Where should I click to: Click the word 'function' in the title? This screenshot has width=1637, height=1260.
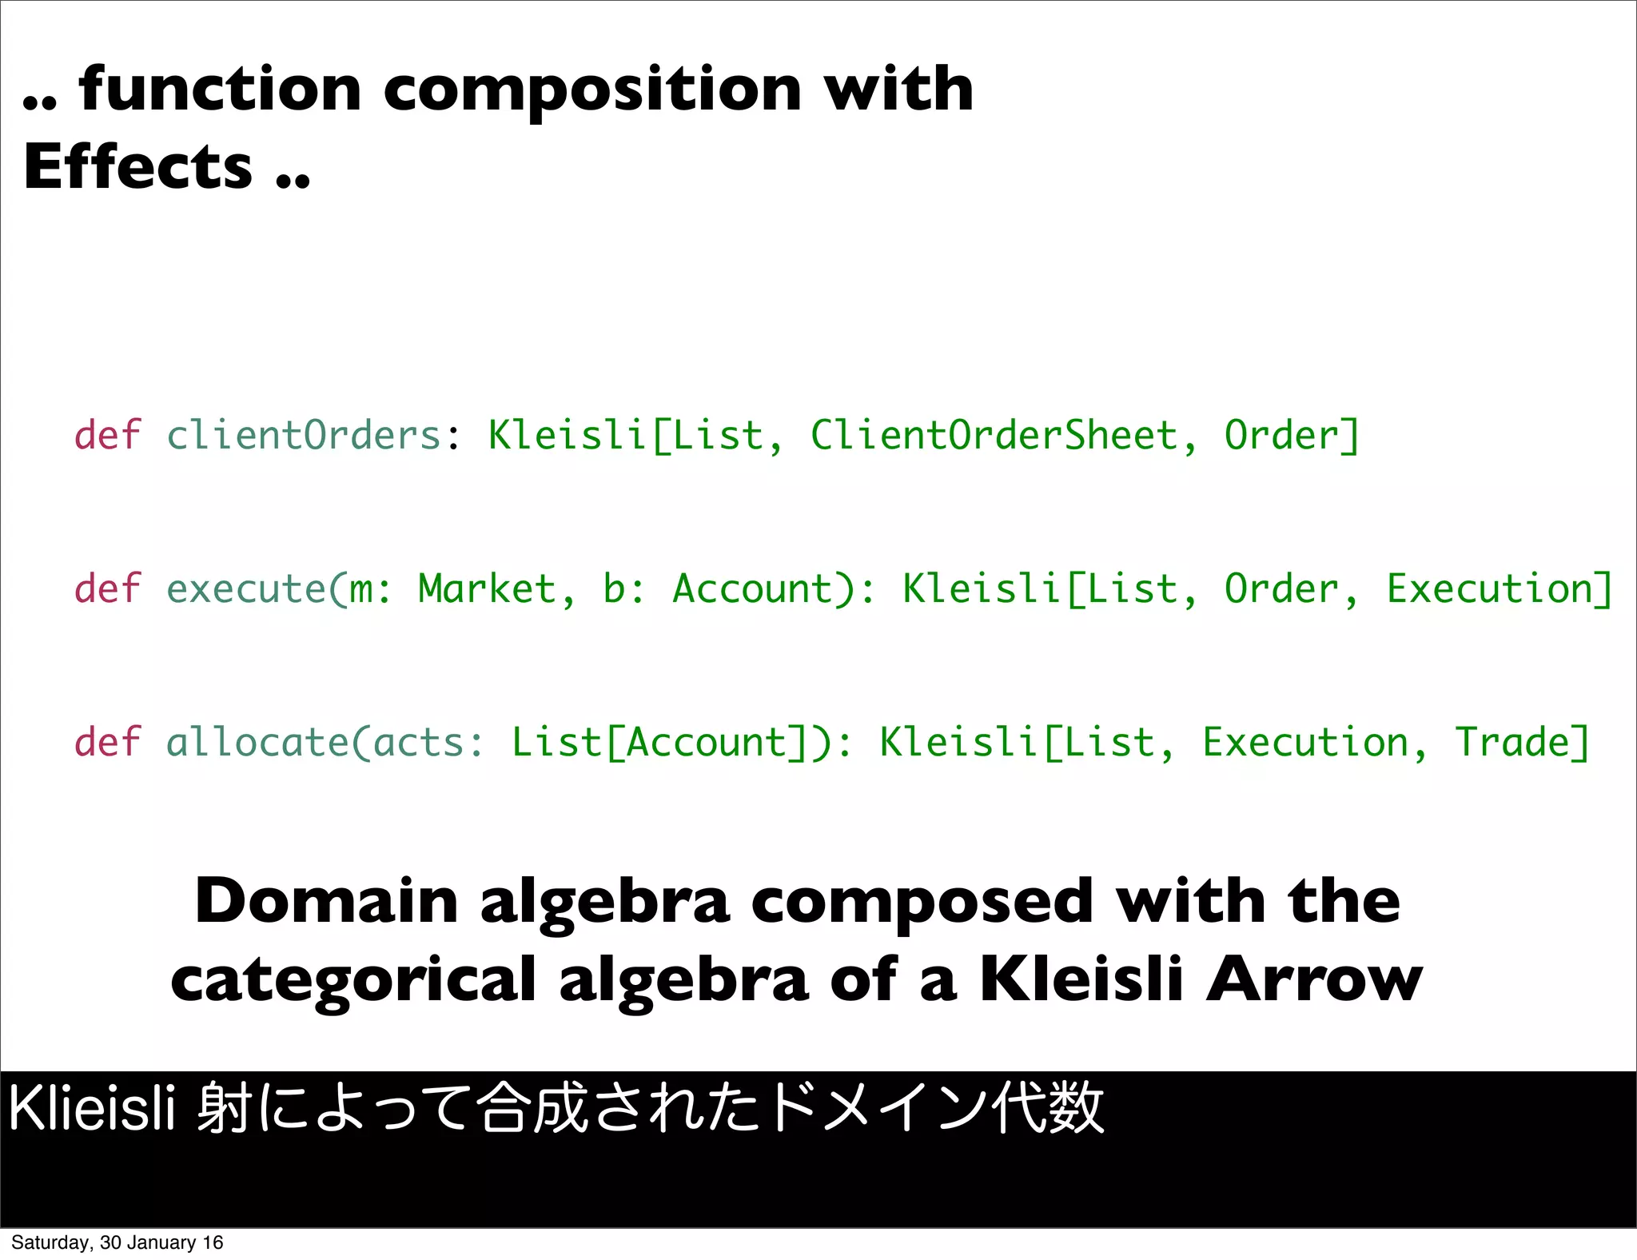click(x=221, y=90)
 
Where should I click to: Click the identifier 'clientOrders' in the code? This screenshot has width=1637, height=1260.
click(x=304, y=436)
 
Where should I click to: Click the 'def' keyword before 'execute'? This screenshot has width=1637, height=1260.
click(x=107, y=589)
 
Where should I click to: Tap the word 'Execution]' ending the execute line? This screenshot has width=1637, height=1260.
click(x=1500, y=589)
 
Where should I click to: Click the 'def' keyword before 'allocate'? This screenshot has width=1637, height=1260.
click(x=107, y=743)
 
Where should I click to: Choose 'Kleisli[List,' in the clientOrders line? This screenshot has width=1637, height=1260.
click(x=636, y=436)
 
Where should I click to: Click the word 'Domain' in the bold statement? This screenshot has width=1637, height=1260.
click(x=326, y=901)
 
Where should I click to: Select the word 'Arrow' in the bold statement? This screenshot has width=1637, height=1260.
click(x=1314, y=980)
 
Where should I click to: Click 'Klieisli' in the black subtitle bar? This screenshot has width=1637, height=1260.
click(x=92, y=1109)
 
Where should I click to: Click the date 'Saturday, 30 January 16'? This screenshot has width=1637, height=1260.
click(x=117, y=1242)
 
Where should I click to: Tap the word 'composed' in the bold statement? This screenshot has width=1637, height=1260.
click(x=922, y=901)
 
